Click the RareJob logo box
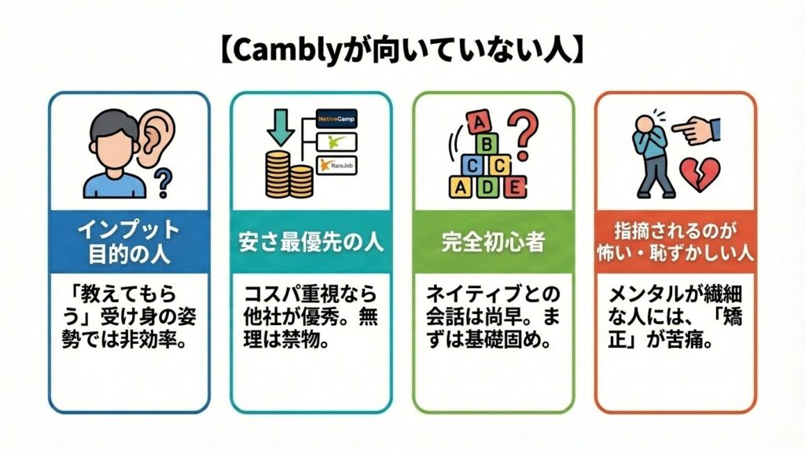[336, 165]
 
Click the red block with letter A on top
[476, 122]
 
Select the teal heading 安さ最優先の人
[311, 242]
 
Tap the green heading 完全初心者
[493, 242]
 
